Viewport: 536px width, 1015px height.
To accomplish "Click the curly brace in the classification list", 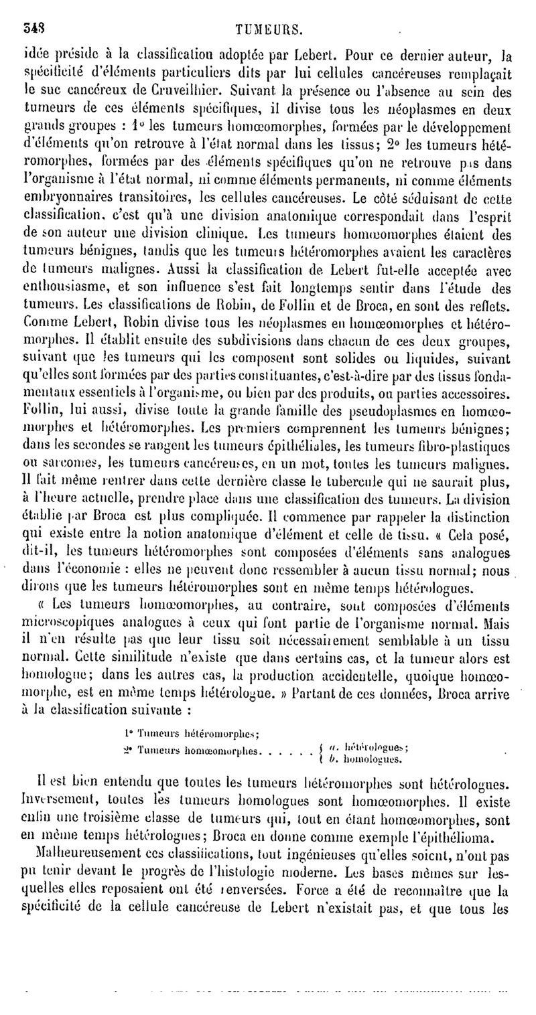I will [x=323, y=753].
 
